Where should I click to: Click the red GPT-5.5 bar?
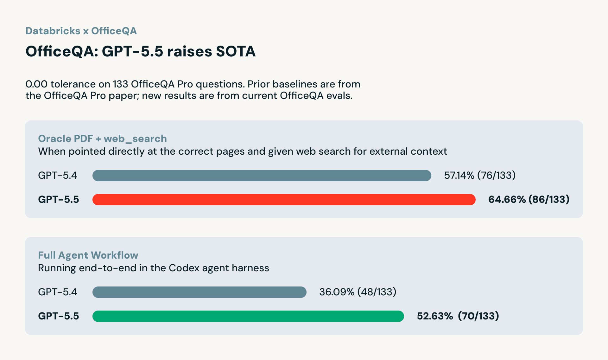coord(284,200)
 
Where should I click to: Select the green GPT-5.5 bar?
coord(248,316)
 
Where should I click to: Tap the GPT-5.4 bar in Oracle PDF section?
coord(262,176)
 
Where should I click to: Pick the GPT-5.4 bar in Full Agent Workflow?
coord(199,292)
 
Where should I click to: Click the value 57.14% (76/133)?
coord(480,175)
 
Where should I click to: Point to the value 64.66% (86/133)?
coord(529,199)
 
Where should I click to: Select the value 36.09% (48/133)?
coord(358,292)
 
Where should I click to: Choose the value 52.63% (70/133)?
coord(458,316)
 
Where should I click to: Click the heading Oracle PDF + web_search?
coord(102,138)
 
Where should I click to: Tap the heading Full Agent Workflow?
coord(88,255)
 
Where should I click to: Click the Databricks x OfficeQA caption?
coord(81,31)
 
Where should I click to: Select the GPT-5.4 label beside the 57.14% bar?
coord(57,175)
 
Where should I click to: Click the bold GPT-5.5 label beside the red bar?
coord(58,199)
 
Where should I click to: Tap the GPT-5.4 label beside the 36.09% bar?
coord(57,292)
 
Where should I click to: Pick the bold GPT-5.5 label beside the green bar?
coord(58,316)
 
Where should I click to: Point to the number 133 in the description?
coord(120,84)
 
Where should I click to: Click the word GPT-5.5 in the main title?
coord(132,51)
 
